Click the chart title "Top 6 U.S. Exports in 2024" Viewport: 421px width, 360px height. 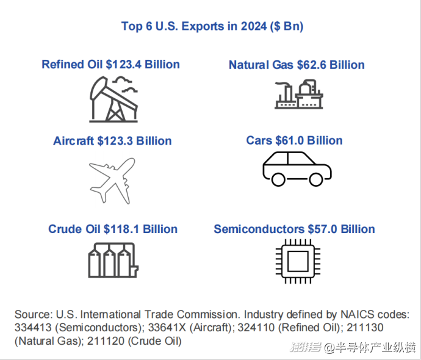click(x=212, y=26)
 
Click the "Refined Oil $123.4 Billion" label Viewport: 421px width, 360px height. click(x=110, y=64)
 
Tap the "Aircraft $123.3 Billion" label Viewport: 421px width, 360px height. click(x=112, y=141)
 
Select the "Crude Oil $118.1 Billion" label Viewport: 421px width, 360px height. click(x=113, y=229)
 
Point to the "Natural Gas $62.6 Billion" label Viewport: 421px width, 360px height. click(x=297, y=65)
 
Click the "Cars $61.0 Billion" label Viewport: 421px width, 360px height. click(x=294, y=140)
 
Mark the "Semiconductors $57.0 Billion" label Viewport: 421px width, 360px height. click(x=294, y=229)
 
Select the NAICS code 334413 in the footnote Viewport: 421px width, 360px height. click(x=33, y=328)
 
